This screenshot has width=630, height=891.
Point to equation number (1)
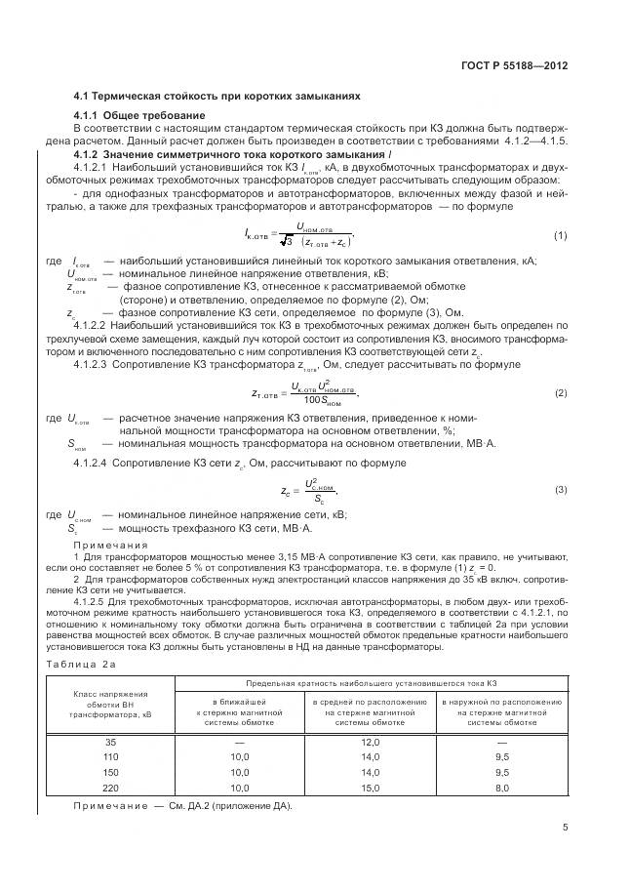[x=561, y=235]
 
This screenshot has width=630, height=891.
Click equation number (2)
[x=561, y=392]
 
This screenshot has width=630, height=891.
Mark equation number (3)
[x=561, y=488]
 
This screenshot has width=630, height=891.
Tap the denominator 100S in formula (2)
[x=323, y=400]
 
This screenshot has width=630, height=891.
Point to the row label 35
[x=110, y=743]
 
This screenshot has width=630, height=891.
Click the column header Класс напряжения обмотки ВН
[x=110, y=705]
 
